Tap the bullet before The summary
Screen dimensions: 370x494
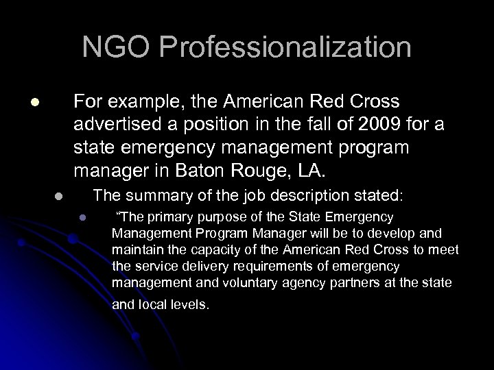tap(59, 195)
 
